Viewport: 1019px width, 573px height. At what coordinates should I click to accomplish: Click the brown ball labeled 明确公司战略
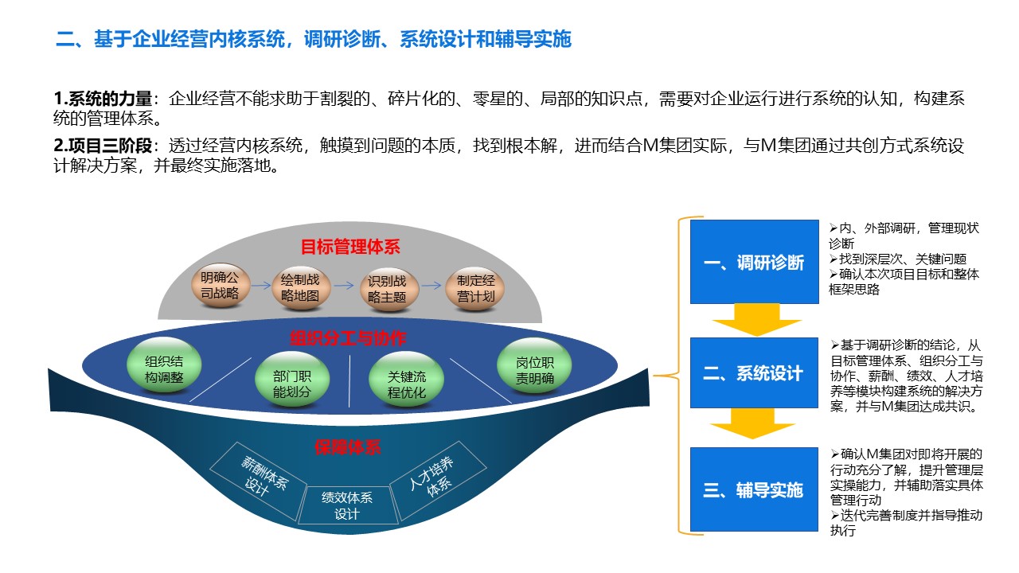coord(221,286)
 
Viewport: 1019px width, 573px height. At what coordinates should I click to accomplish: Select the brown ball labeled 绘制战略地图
coord(301,288)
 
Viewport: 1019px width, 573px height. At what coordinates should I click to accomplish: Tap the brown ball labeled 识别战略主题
coord(388,289)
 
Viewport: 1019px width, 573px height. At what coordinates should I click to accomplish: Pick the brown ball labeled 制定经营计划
coord(475,289)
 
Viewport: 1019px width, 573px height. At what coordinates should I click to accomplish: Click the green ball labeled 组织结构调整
coord(164,364)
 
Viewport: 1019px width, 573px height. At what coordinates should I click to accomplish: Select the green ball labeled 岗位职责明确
coord(534,365)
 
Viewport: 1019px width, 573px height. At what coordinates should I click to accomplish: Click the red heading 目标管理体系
coord(350,247)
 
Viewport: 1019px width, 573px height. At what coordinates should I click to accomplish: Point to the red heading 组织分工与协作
coord(348,338)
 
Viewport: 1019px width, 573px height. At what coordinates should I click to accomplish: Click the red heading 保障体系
coord(348,447)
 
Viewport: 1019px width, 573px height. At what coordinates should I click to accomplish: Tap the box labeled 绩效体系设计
coord(348,505)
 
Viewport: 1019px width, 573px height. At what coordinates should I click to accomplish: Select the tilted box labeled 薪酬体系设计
coord(259,481)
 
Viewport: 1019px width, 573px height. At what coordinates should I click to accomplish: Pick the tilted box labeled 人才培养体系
coord(438,481)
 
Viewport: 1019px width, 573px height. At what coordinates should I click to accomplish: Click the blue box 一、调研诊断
coord(754,262)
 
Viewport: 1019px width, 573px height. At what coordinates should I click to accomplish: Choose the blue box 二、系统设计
coord(754,372)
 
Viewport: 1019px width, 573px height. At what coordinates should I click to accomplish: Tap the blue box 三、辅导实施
coord(754,489)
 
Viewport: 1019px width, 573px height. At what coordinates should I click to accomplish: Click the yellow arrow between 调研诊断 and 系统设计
coord(756,320)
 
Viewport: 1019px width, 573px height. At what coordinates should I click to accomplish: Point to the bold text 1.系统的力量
coord(103,99)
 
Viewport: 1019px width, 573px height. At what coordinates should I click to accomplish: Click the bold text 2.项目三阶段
coord(103,146)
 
